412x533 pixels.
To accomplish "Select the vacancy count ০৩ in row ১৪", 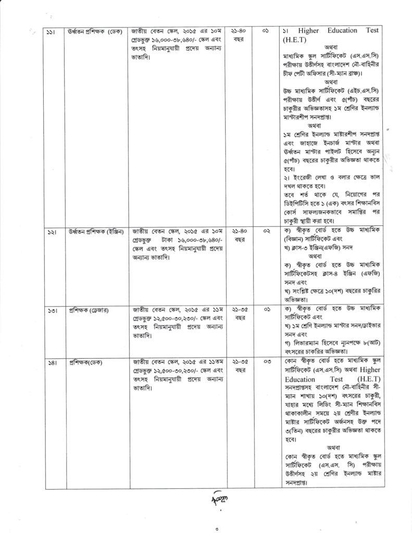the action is (267, 362).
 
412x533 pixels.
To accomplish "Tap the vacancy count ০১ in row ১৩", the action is (267, 309).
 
